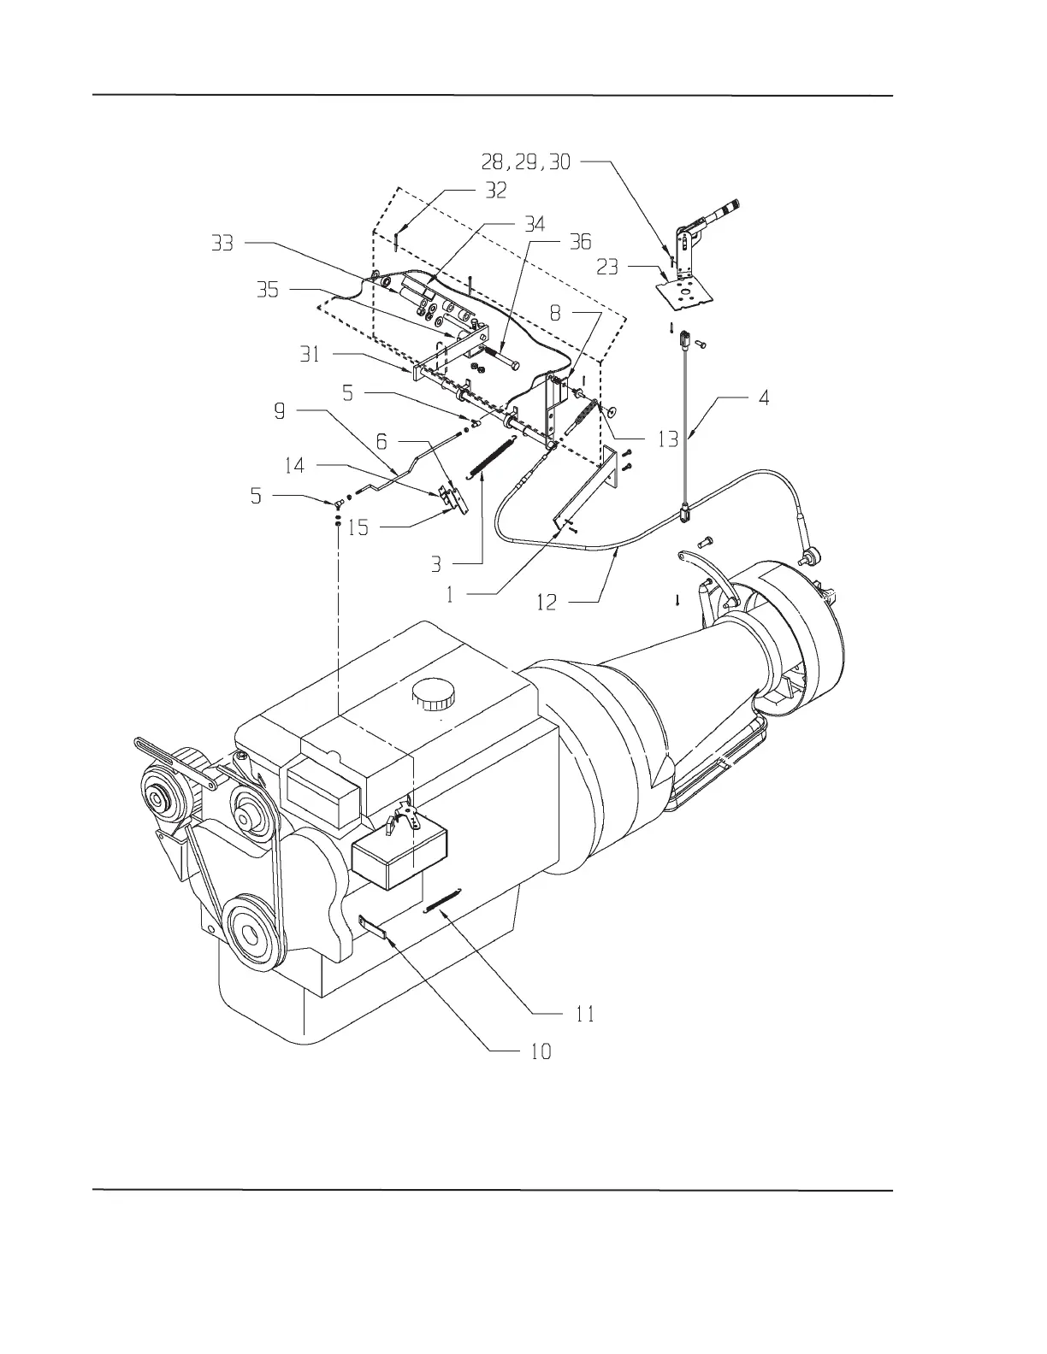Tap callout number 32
coord(496,191)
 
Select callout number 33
coord(222,244)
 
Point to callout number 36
coord(580,242)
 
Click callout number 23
coord(607,268)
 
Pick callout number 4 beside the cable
coord(764,397)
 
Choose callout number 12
coord(547,603)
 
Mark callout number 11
coord(584,1015)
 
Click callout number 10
coord(541,1051)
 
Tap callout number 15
coord(358,527)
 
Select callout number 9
coord(280,411)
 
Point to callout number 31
coord(310,353)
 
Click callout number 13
coord(667,439)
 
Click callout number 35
coord(268,290)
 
